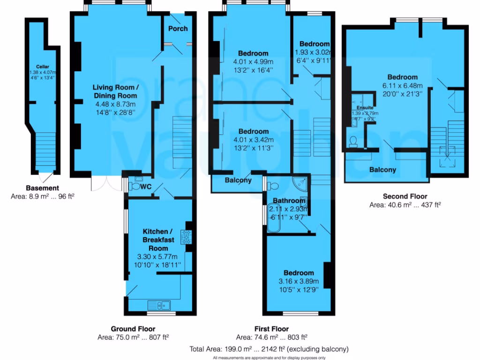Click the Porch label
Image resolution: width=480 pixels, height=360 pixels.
pyautogui.click(x=178, y=29)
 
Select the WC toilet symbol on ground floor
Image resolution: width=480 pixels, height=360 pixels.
pyautogui.click(x=135, y=187)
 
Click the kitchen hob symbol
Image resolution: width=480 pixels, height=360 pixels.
pyautogui.click(x=186, y=237)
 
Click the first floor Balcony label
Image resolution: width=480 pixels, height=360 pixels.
pyautogui.click(x=238, y=180)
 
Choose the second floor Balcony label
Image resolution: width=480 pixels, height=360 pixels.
pyautogui.click(x=382, y=170)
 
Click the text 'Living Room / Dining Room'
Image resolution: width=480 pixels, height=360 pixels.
pyautogui.click(x=115, y=91)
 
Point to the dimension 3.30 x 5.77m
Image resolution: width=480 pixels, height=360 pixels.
pyautogui.click(x=157, y=257)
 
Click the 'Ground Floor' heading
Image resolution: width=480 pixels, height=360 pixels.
pyautogui.click(x=133, y=329)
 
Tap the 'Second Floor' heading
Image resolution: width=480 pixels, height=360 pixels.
pyautogui.click(x=405, y=196)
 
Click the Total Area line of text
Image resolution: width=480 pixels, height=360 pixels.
pyautogui.click(x=269, y=349)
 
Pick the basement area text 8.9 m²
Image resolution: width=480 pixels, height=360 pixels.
pyautogui.click(x=43, y=196)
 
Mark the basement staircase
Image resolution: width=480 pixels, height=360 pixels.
pyautogui.click(x=45, y=150)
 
